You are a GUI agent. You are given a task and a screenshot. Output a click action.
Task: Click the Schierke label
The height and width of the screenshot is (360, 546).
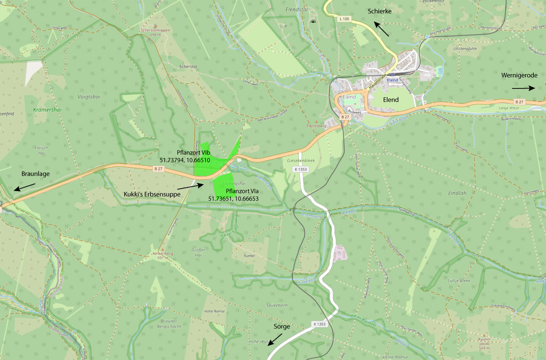[x=380, y=11]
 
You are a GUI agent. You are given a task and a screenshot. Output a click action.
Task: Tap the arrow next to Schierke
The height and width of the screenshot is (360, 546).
[x=383, y=29]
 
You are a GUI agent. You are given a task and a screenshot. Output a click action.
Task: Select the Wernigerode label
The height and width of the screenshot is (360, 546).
[x=519, y=75]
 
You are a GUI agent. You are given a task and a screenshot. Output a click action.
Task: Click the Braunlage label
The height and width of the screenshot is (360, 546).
[x=35, y=173]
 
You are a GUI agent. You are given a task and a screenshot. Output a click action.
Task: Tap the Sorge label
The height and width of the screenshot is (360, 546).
[x=282, y=326]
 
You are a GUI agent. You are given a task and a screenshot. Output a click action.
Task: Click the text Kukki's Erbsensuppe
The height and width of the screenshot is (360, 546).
[x=152, y=194]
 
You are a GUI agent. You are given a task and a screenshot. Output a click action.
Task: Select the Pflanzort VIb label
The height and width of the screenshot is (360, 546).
[x=193, y=152]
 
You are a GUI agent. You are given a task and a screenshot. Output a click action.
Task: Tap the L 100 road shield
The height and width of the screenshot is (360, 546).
[x=344, y=19]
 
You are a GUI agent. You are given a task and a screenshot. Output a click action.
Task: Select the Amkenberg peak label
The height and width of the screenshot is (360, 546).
[x=162, y=254]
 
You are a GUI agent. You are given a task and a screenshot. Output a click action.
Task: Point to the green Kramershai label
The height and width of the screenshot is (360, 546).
[x=47, y=110]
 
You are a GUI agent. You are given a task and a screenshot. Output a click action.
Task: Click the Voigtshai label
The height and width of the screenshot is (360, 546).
[x=89, y=96]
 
